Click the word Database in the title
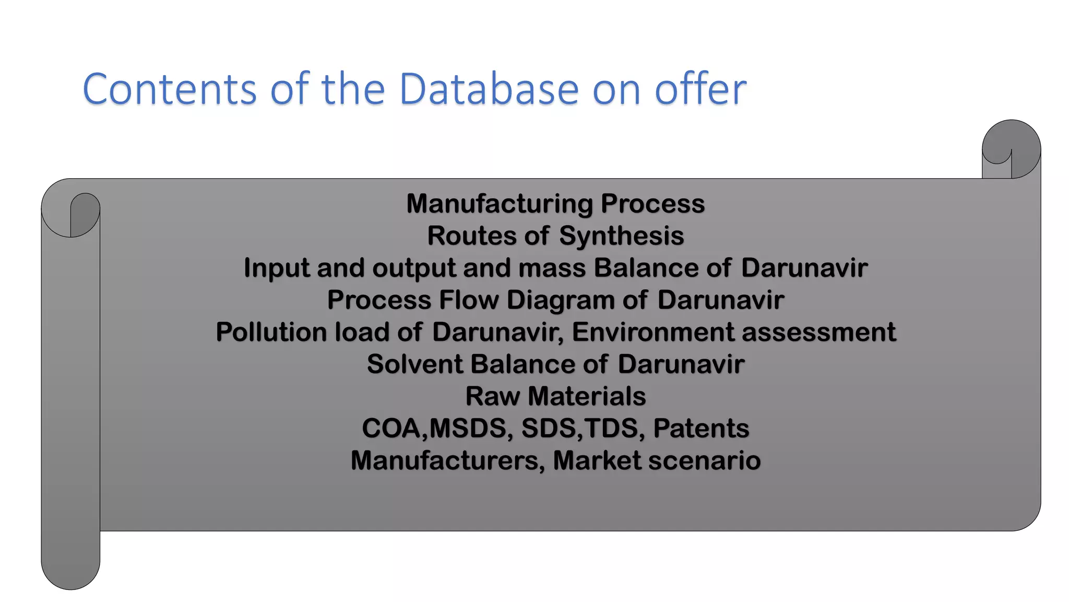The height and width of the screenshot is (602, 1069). pyautogui.click(x=489, y=89)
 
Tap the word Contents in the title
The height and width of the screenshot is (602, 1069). pyautogui.click(x=169, y=89)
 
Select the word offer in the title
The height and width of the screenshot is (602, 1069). pyautogui.click(x=700, y=89)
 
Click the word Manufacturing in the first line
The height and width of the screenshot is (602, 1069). pyautogui.click(x=500, y=204)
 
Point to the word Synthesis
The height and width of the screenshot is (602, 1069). pyautogui.click(x=621, y=236)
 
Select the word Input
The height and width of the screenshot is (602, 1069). pyautogui.click(x=277, y=268)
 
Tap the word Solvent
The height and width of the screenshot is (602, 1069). pyautogui.click(x=414, y=364)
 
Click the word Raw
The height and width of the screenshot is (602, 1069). pyautogui.click(x=492, y=396)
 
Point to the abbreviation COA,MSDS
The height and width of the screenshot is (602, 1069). pyautogui.click(x=434, y=429)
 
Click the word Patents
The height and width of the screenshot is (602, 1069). pyautogui.click(x=700, y=429)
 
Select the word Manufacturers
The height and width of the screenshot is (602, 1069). pyautogui.click(x=447, y=461)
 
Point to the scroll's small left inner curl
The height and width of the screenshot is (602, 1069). pyautogui.click(x=85, y=214)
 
